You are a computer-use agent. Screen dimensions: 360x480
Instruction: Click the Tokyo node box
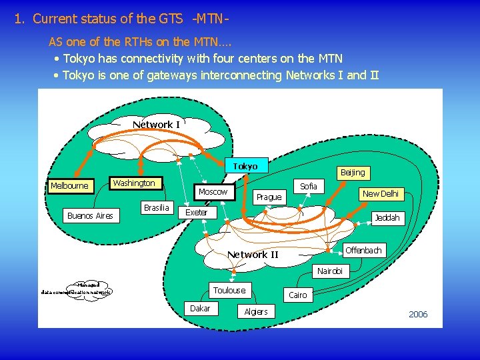point(245,166)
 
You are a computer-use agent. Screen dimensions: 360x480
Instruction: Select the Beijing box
point(353,173)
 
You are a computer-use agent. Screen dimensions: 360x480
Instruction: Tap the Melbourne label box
point(69,186)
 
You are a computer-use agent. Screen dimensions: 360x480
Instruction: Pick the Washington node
point(134,183)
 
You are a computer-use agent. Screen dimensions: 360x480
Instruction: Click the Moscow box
point(213,192)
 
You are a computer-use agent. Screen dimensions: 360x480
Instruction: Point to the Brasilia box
point(157,208)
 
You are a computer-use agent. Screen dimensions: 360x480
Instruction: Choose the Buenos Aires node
point(90,216)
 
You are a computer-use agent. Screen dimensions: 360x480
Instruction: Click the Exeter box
point(196,213)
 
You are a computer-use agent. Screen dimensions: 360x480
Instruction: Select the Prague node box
point(269,197)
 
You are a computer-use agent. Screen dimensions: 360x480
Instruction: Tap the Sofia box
point(309,186)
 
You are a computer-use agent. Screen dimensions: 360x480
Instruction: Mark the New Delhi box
point(380,194)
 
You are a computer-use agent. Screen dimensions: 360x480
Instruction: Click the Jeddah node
point(387,218)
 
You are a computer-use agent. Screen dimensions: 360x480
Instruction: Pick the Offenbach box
point(363,251)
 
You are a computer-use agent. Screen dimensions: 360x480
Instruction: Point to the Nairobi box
point(330,271)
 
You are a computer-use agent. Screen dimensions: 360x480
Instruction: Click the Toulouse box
point(229,290)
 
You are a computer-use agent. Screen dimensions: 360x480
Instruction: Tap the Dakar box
point(200,309)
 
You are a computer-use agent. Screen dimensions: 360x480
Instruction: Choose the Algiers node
point(256,312)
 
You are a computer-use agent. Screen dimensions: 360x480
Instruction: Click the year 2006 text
point(418,315)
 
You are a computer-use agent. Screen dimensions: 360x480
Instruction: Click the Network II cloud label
point(253,255)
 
